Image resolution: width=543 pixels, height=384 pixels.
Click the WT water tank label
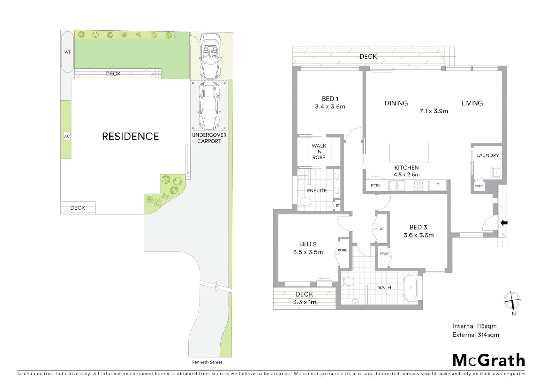67,52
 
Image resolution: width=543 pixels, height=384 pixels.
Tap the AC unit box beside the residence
67,136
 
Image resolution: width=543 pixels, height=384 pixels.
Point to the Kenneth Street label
207,362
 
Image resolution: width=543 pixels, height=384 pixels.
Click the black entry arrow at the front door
504,223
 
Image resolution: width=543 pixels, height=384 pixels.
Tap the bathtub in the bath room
411,288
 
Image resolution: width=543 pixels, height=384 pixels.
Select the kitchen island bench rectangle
409,152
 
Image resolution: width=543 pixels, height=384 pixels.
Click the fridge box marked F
437,185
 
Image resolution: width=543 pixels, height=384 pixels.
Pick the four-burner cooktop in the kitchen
418,185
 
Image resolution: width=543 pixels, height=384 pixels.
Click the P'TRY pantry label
375,185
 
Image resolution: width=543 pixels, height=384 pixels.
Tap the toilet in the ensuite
305,202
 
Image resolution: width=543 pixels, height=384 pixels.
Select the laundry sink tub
496,172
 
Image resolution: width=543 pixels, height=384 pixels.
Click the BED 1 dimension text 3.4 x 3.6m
330,106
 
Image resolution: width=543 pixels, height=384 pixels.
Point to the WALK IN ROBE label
319,151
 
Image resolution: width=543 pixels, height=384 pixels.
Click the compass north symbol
512,300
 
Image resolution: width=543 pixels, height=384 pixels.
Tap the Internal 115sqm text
474,326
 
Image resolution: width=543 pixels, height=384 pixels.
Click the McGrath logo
489,360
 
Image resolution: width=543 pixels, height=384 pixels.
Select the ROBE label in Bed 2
342,250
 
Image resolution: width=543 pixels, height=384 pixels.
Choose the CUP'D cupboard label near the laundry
479,186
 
